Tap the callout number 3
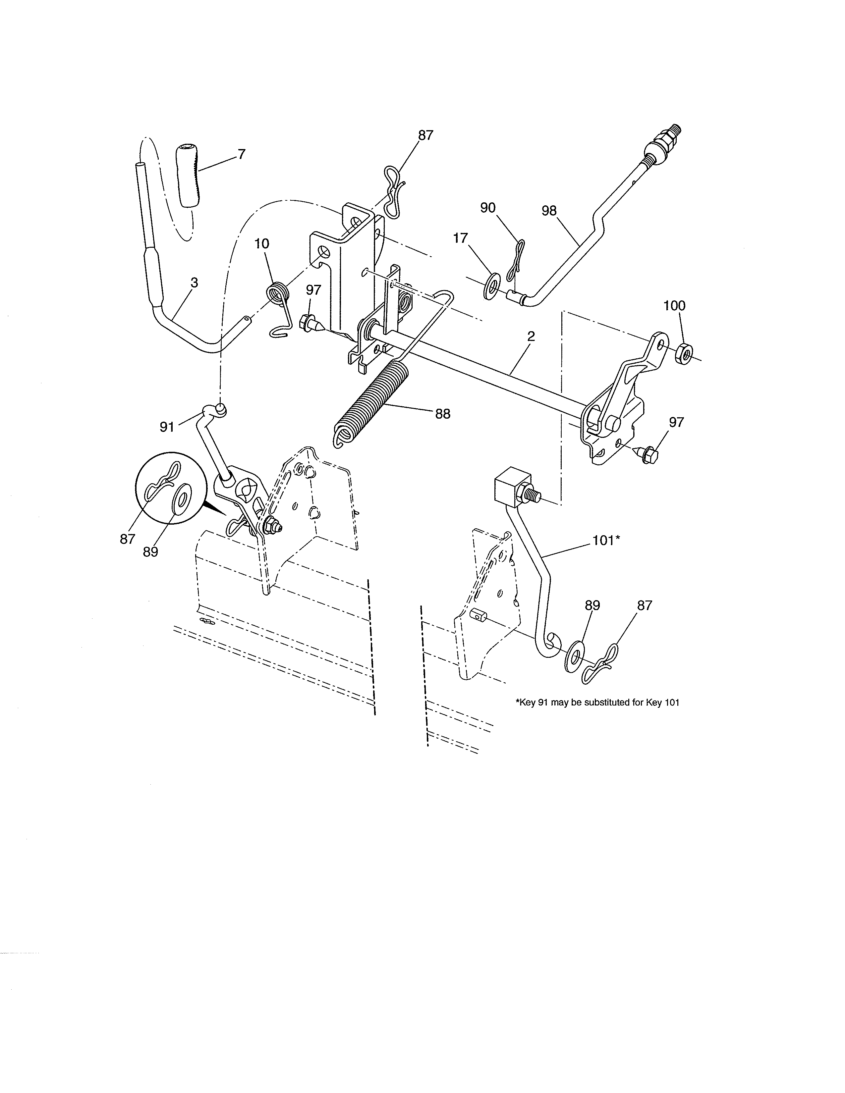click(x=194, y=283)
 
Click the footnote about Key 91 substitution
click(x=597, y=703)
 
